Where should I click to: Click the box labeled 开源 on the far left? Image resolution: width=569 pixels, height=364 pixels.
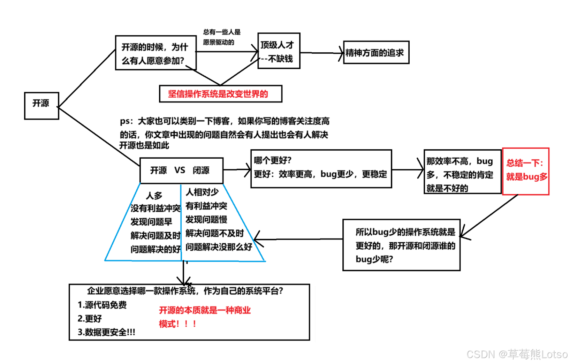(41, 106)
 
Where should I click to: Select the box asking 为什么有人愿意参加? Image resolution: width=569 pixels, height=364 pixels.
(155, 53)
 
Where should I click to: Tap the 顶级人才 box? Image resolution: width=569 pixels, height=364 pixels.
(279, 51)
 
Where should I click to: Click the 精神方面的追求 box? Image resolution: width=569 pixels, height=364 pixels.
(376, 53)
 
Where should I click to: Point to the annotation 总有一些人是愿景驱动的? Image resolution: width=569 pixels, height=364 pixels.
(222, 37)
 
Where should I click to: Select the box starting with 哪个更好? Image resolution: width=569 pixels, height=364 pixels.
(321, 169)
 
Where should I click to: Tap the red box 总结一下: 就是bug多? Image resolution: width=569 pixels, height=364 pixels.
(525, 171)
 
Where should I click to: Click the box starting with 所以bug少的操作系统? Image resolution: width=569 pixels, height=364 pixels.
(401, 245)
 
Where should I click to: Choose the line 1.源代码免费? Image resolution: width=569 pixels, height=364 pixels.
(102, 305)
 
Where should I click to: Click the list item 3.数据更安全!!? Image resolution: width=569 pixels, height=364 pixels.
(106, 332)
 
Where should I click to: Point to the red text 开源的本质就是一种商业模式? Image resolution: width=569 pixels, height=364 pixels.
(205, 317)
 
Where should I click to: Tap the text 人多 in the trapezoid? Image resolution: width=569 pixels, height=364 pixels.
(154, 195)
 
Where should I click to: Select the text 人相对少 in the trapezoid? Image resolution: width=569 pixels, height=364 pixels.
(202, 192)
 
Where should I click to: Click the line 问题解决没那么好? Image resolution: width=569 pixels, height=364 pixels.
(219, 247)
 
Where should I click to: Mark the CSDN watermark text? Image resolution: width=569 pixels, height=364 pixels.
(517, 354)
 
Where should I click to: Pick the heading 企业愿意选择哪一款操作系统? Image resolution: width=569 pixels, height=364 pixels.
(185, 291)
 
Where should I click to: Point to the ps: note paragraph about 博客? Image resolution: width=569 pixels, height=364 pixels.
(224, 133)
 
